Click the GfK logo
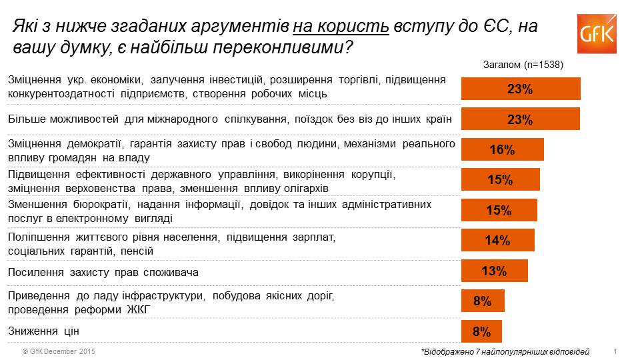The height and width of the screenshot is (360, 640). pyautogui.click(x=597, y=34)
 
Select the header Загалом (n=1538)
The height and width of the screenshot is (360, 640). pyautogui.click(x=523, y=65)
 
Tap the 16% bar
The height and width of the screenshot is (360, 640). pyautogui.click(x=503, y=149)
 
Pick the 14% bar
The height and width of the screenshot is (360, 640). pyautogui.click(x=498, y=240)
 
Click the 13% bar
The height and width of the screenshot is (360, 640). pyautogui.click(x=495, y=271)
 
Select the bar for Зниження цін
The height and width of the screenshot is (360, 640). pyautogui.click(x=481, y=331)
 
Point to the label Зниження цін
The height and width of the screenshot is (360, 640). pyautogui.click(x=44, y=331)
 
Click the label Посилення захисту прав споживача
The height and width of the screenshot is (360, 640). pyautogui.click(x=103, y=272)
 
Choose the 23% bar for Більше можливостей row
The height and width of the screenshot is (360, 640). pyautogui.click(x=521, y=119)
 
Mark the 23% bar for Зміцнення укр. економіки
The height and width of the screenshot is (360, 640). pyautogui.click(x=521, y=89)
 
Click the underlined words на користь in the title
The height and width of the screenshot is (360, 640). pyautogui.click(x=341, y=26)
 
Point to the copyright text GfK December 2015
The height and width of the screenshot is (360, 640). pyautogui.click(x=59, y=351)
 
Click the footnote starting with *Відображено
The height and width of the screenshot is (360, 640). pyautogui.click(x=505, y=352)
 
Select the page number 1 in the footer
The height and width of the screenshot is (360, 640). pyautogui.click(x=615, y=351)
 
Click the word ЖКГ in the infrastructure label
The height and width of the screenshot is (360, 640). pyautogui.click(x=139, y=310)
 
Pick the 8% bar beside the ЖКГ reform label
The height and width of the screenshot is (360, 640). pyautogui.click(x=483, y=301)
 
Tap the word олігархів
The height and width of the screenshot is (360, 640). pyautogui.click(x=307, y=189)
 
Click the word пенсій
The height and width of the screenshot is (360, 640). pyautogui.click(x=137, y=251)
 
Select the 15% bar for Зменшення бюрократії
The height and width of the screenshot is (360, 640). pyautogui.click(x=499, y=210)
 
